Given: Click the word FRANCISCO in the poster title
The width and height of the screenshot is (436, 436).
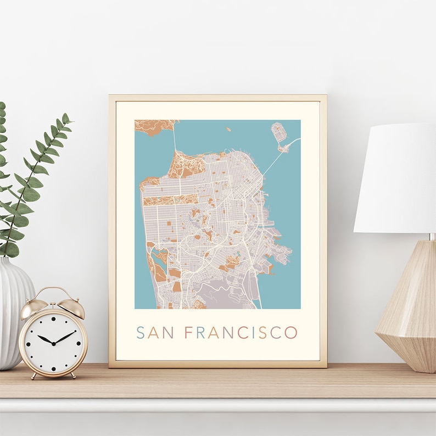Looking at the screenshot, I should coord(241,333).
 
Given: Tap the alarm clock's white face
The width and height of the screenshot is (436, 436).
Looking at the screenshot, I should coord(53,340).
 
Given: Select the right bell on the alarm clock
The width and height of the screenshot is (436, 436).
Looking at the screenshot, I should coord(73,308).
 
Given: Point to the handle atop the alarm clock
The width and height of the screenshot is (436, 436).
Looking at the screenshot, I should coord(53,292).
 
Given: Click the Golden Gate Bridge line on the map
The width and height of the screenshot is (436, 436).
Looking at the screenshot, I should coord(175,140).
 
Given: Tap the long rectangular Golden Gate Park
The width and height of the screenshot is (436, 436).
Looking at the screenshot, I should coord(170,200).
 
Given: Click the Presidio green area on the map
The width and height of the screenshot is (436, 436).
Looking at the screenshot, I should coord(186,165).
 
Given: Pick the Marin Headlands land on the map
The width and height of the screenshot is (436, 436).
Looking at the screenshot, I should coord(154,127).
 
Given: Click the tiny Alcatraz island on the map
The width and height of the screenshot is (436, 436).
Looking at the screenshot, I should coord(227,130).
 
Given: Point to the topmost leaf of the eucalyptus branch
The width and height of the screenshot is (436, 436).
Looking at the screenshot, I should coord(66,118).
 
